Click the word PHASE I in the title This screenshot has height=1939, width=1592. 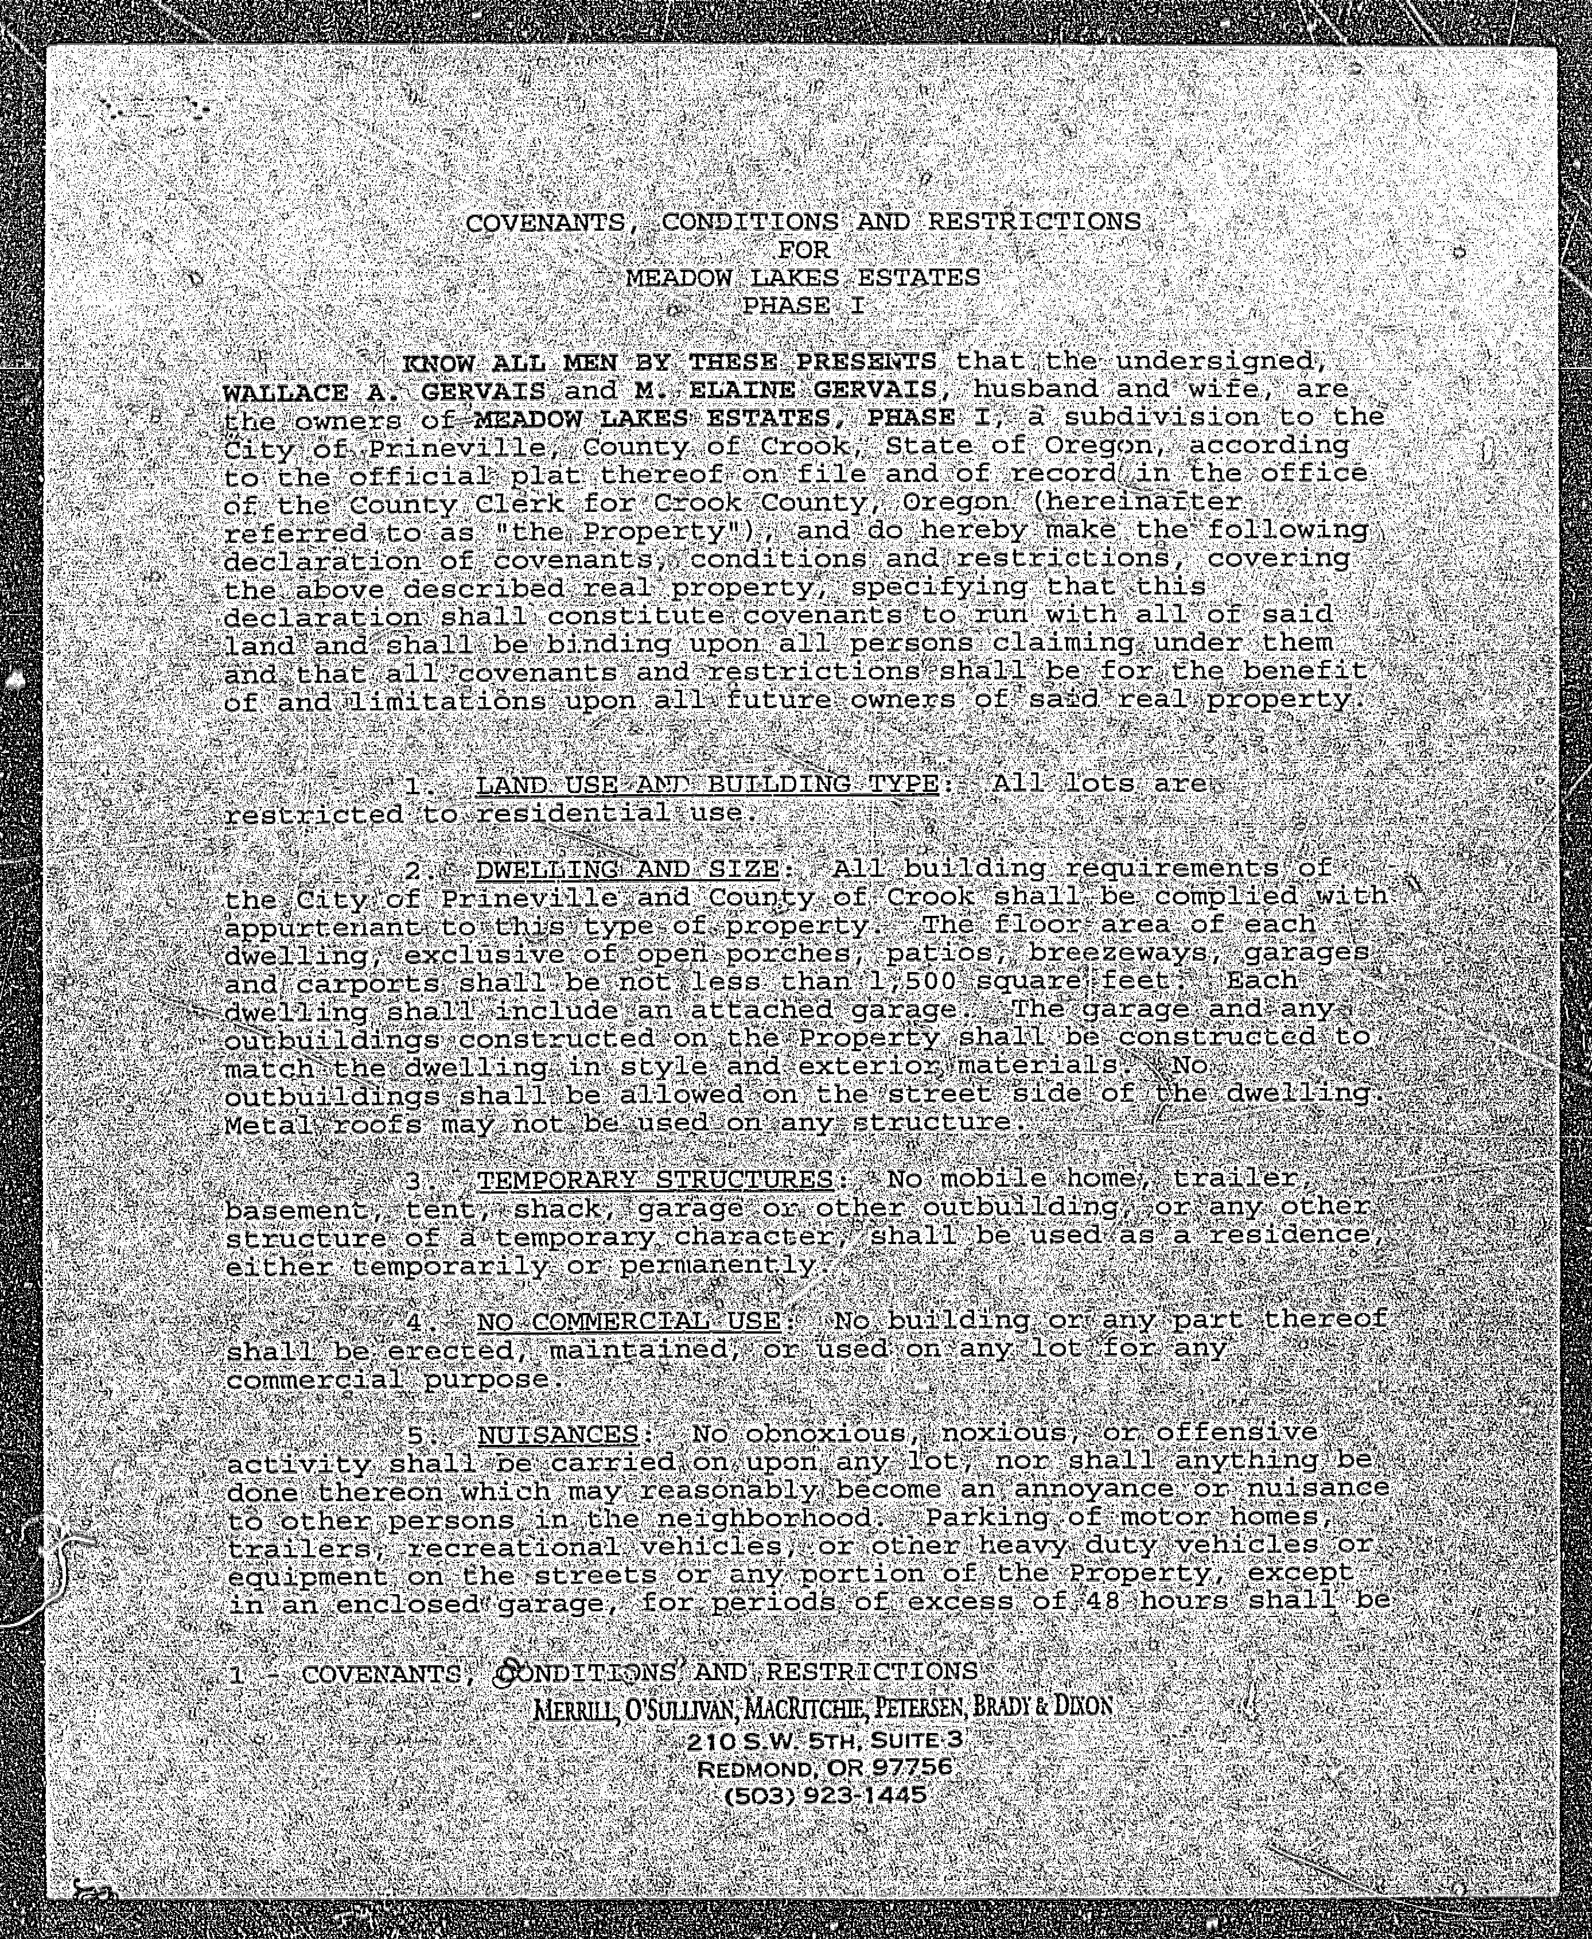803,305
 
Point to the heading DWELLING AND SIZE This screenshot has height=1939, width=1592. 627,869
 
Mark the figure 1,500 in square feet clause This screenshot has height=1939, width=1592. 910,981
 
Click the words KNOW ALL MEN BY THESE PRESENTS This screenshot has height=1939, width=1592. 670,363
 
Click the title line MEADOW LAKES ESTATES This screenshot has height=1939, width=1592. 803,277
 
